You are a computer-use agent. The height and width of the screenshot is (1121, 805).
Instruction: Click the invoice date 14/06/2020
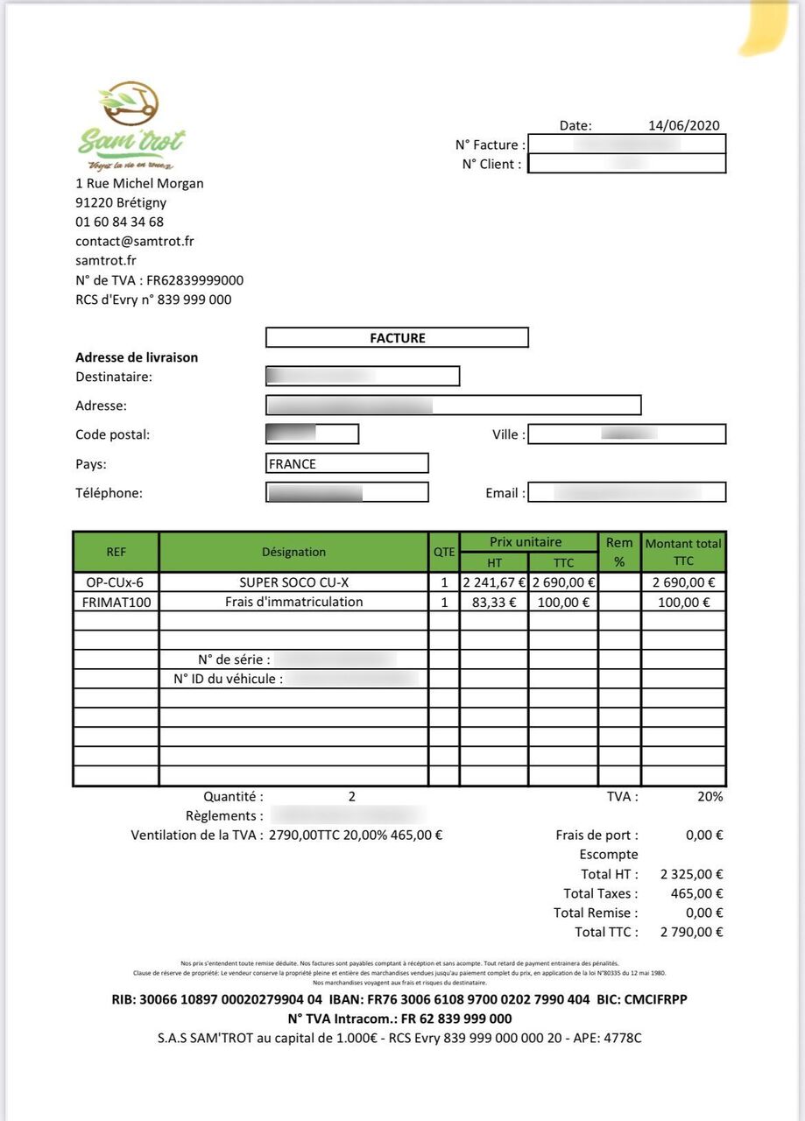[x=683, y=125]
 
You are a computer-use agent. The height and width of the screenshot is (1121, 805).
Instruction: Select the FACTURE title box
[x=397, y=337]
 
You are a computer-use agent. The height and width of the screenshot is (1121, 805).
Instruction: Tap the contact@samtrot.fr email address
[x=135, y=241]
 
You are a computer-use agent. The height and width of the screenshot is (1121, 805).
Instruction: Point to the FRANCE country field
[x=347, y=463]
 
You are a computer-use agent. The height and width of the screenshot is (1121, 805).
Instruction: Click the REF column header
[x=116, y=552]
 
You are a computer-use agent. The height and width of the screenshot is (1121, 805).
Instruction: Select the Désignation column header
[x=293, y=552]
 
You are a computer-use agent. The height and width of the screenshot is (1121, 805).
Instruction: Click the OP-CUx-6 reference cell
[x=116, y=582]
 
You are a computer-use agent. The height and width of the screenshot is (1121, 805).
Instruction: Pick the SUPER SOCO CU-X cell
[x=293, y=582]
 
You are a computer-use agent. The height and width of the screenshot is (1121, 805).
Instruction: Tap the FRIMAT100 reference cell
[x=116, y=602]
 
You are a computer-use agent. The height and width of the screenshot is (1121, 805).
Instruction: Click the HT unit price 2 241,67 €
[x=494, y=582]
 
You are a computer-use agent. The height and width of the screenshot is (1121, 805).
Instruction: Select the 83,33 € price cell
[x=494, y=602]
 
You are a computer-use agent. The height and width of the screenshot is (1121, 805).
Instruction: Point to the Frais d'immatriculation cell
[x=293, y=602]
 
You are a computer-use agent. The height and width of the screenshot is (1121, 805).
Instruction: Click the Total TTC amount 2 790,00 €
[x=691, y=932]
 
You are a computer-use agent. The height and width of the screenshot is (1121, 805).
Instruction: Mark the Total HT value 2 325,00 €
[x=691, y=874]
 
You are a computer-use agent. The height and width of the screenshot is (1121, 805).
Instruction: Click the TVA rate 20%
[x=710, y=796]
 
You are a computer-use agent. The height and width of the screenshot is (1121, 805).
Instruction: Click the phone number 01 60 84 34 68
[x=119, y=222]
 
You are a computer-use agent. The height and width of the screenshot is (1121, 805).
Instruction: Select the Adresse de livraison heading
[x=137, y=357]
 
